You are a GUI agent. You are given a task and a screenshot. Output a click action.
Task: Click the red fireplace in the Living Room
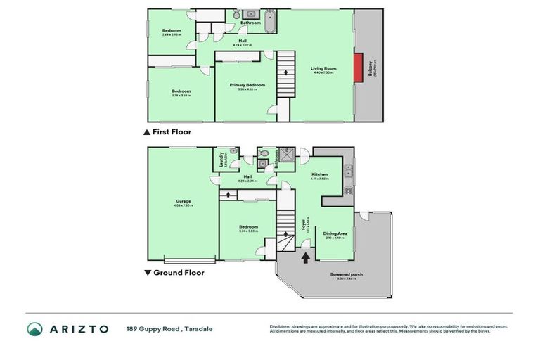click(x=358, y=67)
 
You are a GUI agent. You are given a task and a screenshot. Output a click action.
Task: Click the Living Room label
click(x=324, y=69)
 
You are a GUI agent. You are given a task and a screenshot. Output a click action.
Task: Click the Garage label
click(x=183, y=202)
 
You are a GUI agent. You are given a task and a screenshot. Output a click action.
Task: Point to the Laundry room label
click(x=221, y=157)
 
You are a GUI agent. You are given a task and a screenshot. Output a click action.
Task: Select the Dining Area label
click(x=335, y=233)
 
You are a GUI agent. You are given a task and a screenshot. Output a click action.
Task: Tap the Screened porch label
click(x=346, y=274)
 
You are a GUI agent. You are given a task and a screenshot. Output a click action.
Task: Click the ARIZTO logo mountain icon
click(x=34, y=328)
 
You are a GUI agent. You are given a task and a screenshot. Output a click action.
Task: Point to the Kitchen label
click(x=320, y=174)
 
